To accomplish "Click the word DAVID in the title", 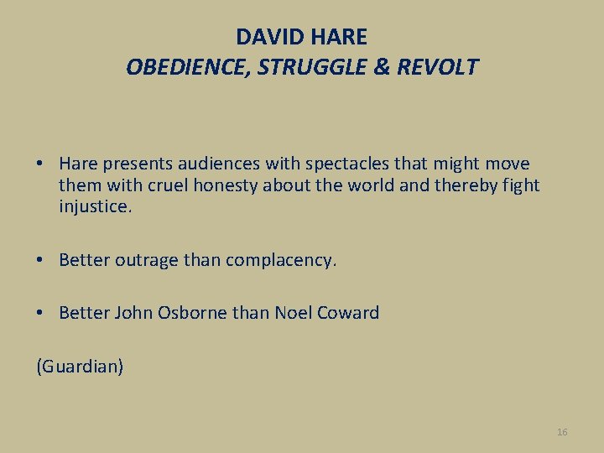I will pyautogui.click(x=267, y=38).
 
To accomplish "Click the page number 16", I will pyautogui.click(x=562, y=432).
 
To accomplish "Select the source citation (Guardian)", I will pyautogui.click(x=80, y=367).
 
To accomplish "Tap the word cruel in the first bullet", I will pyautogui.click(x=164, y=185).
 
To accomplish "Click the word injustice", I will pyautogui.click(x=95, y=206).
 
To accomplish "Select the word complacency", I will pyautogui.click(x=279, y=260).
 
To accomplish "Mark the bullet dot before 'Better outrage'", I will pyautogui.click(x=41, y=260).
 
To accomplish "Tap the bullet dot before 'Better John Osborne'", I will pyautogui.click(x=41, y=314).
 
